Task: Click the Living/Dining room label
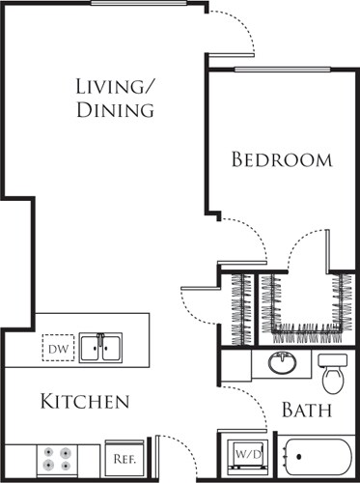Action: tap(115, 99)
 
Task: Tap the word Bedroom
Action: tap(281, 159)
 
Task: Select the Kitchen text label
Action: tap(84, 401)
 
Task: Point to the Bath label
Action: tap(307, 411)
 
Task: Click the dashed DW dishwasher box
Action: tap(57, 346)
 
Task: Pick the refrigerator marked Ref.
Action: tap(123, 458)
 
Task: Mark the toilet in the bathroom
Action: tap(333, 372)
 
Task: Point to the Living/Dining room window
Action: tap(145, 4)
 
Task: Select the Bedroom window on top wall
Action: tap(282, 69)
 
